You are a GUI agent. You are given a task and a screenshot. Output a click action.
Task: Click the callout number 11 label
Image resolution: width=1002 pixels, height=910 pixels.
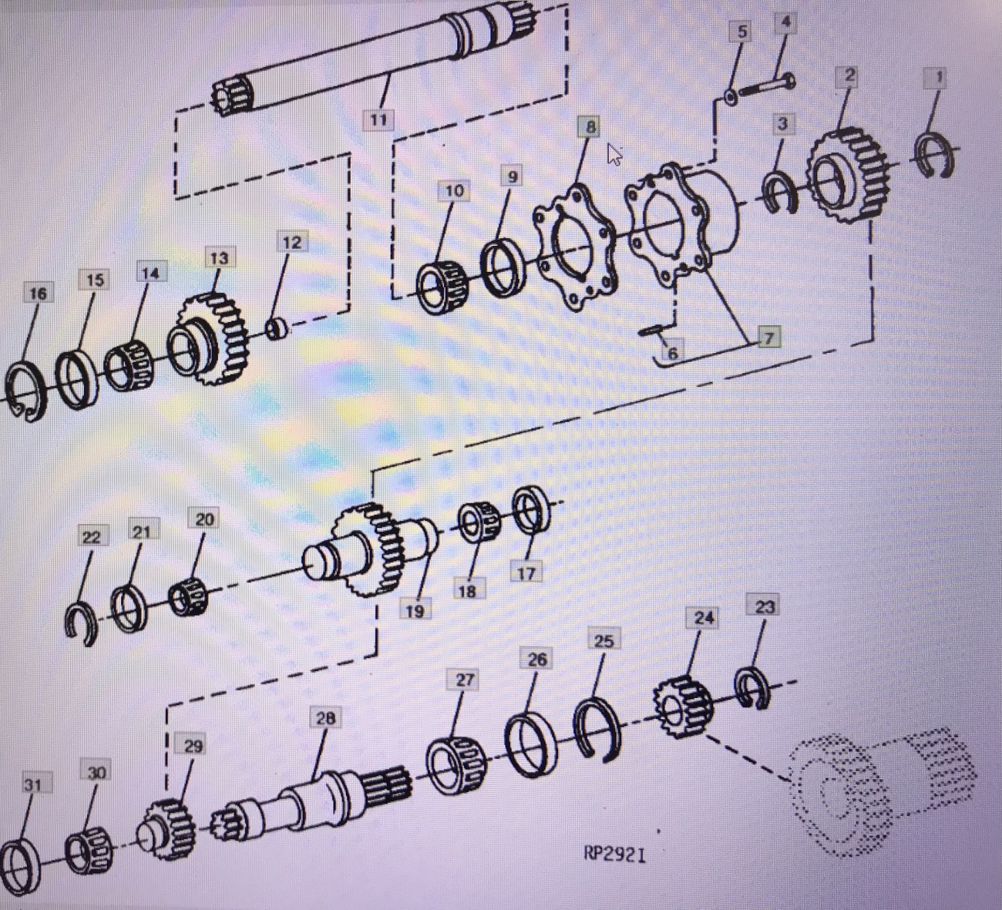378,120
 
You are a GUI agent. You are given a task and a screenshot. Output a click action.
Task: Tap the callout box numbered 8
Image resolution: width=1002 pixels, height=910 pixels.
590,126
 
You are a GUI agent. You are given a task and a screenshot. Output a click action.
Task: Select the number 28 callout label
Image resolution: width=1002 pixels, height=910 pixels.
325,718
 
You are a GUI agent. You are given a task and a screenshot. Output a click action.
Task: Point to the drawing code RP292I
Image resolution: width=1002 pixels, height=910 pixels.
614,854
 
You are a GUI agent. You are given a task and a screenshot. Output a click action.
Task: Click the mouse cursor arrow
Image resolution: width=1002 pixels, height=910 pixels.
614,153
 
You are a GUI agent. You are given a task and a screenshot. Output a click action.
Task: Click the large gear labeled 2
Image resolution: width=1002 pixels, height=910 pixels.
848,175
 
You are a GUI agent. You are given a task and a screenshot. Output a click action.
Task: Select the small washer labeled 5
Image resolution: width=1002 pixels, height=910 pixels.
729,98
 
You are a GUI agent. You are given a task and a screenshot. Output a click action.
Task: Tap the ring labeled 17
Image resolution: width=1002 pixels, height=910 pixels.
530,509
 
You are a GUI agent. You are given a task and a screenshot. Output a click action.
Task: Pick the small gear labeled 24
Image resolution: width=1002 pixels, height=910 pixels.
683,704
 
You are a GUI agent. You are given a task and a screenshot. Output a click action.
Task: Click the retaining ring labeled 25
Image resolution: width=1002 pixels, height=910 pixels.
598,728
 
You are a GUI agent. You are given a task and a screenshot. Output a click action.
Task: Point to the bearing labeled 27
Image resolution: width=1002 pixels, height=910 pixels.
455,765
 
